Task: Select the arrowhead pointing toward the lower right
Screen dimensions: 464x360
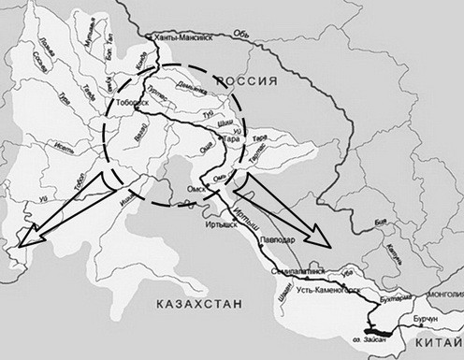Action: tap(321, 244)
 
